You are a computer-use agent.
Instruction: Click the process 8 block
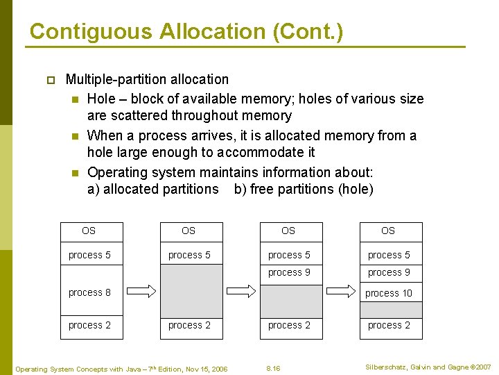point(89,292)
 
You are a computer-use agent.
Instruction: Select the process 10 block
point(388,293)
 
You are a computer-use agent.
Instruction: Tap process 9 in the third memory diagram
point(290,273)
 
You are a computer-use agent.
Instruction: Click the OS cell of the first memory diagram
point(89,231)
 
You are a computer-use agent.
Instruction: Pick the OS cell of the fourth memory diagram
point(388,231)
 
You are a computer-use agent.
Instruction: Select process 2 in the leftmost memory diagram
point(89,325)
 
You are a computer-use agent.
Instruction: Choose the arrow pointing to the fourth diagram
point(340,291)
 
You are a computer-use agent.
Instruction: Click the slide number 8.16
point(274,367)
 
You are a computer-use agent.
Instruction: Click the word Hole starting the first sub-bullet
point(102,99)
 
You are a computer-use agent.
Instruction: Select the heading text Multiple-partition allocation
point(147,79)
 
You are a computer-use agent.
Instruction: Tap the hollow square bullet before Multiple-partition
point(49,81)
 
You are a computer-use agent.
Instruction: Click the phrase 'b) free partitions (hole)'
point(304,189)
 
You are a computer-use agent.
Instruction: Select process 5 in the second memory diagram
point(189,255)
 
